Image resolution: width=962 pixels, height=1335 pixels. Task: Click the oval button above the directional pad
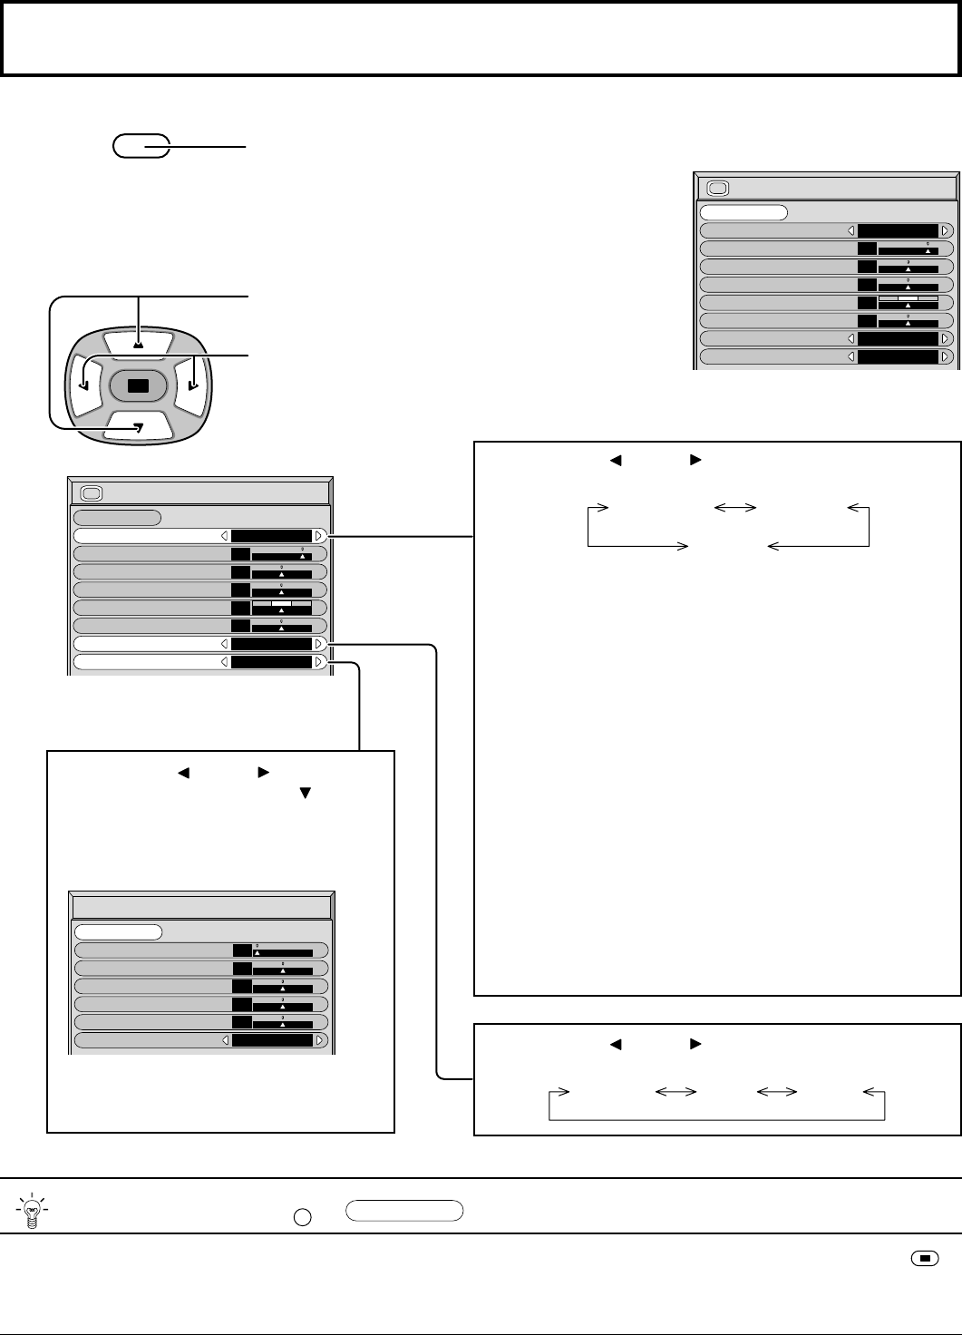click(x=141, y=146)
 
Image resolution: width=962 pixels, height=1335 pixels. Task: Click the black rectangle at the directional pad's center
click(x=138, y=385)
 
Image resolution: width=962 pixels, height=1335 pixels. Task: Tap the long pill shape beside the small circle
click(x=404, y=1211)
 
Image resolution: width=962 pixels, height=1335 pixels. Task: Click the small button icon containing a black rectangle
click(x=925, y=1258)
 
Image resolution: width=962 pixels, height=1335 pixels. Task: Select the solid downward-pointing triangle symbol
click(x=305, y=793)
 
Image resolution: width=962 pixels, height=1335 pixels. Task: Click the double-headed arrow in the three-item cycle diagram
click(x=735, y=509)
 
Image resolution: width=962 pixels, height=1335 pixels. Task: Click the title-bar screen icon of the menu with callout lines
click(x=92, y=494)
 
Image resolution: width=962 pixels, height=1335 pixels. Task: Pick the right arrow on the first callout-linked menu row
click(x=318, y=536)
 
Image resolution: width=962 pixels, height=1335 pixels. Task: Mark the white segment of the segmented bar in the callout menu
click(x=281, y=603)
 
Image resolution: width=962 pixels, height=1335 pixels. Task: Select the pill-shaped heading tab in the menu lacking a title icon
click(x=118, y=931)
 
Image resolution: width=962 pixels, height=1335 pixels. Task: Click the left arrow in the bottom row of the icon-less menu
click(x=226, y=1040)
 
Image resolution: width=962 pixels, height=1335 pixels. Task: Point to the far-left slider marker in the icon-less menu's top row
click(x=257, y=953)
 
